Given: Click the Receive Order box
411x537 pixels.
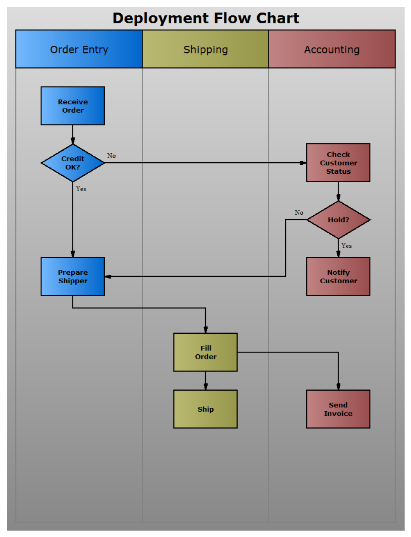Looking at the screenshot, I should click(x=73, y=106).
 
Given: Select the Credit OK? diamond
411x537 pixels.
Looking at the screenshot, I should click(x=73, y=163).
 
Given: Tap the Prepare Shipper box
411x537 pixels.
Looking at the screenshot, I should click(x=73, y=276).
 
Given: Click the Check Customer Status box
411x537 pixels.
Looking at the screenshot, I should click(x=338, y=163).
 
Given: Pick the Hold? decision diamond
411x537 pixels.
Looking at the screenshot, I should click(x=338, y=220).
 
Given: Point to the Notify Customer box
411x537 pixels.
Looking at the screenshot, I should click(x=338, y=276).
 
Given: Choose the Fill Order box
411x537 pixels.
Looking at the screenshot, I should click(x=205, y=352).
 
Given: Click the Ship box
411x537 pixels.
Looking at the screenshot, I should click(x=205, y=409).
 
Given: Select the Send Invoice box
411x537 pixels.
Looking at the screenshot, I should click(x=338, y=409).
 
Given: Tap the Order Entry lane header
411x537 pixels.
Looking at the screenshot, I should click(x=79, y=50).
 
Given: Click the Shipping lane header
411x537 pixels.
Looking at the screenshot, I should click(x=205, y=50).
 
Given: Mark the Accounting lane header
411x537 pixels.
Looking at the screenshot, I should click(x=332, y=50).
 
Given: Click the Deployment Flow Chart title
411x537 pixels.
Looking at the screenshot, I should click(x=205, y=18).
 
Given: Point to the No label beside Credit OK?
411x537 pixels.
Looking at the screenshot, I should click(x=111, y=156).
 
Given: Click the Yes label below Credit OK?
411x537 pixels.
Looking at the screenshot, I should click(x=81, y=189).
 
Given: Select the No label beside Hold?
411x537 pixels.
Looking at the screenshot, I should click(x=299, y=213).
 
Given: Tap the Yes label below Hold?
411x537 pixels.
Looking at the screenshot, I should click(x=346, y=246).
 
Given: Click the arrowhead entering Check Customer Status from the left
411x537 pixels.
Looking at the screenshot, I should click(x=303, y=163).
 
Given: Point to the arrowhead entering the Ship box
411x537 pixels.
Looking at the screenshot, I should click(x=205, y=387).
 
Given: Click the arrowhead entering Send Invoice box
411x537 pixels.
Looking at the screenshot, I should click(x=338, y=387).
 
